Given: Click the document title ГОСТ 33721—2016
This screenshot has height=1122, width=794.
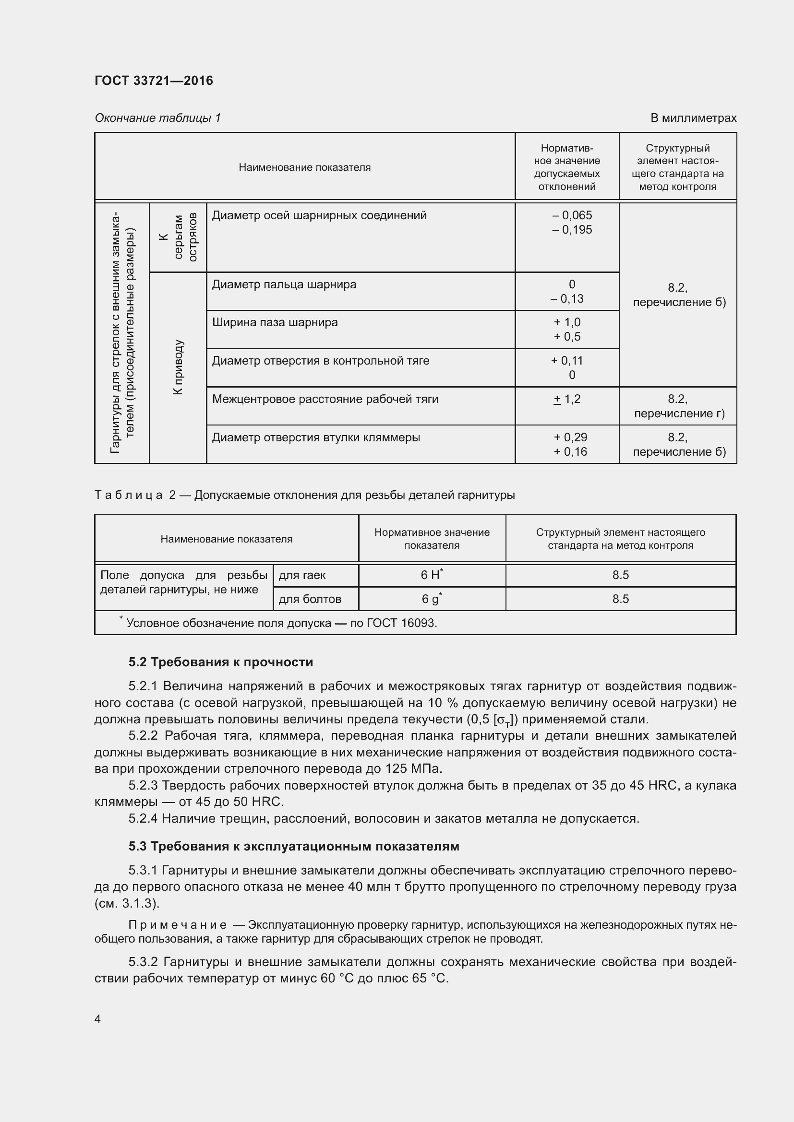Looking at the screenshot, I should tap(154, 81).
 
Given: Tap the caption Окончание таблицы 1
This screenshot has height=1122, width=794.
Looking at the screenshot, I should tap(157, 118).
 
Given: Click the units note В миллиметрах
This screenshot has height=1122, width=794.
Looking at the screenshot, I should tap(693, 118).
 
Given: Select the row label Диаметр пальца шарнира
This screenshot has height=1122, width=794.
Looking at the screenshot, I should tap(284, 284).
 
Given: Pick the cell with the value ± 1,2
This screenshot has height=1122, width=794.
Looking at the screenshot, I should tap(566, 399).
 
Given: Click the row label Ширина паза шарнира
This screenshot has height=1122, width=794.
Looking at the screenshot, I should tap(274, 322).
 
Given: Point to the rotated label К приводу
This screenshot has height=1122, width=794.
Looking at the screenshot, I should tap(178, 367).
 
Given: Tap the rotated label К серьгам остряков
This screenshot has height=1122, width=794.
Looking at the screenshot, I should tap(178, 237).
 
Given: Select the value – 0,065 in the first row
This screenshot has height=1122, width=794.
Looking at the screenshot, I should tap(572, 215).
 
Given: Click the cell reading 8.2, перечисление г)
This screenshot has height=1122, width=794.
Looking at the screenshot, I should tap(678, 406).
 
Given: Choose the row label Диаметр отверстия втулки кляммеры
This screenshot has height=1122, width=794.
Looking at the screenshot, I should tap(316, 437).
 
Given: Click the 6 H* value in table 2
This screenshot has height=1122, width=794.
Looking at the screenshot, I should tap(431, 575).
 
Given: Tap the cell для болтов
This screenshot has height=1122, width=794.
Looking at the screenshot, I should tap(310, 599).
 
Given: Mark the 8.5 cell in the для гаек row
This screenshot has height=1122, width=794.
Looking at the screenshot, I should tap(620, 575).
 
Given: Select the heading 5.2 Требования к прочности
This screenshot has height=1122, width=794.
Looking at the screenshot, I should tap(220, 662).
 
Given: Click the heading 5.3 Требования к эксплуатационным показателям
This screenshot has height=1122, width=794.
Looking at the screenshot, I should tap(293, 846).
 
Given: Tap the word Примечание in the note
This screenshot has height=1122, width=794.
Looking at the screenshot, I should tap(178, 925).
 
